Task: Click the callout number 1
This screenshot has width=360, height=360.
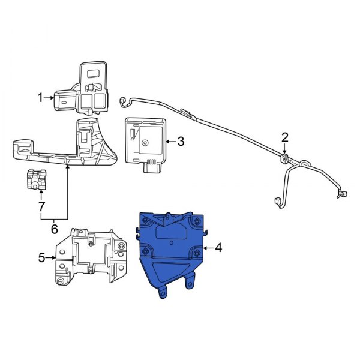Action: (40, 98)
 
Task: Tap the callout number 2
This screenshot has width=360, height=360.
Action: (284, 137)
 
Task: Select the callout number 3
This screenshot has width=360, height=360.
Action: (181, 142)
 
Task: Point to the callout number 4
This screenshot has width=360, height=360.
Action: (218, 248)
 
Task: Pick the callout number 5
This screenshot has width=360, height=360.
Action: (41, 257)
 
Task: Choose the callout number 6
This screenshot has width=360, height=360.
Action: (54, 229)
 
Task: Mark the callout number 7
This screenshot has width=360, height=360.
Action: (41, 206)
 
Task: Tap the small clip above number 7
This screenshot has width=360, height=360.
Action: (36, 179)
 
